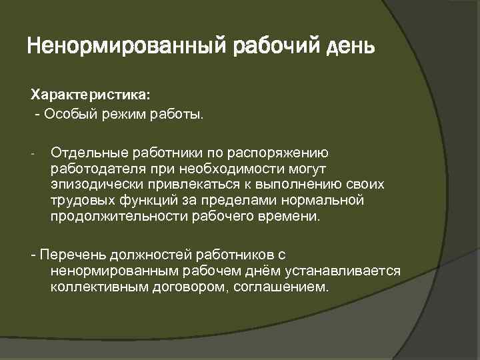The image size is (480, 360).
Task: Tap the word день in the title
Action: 351,48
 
